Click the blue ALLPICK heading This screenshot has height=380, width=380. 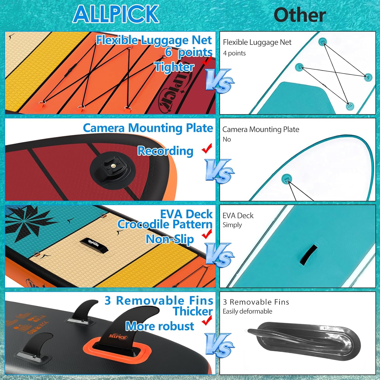click(x=116, y=14)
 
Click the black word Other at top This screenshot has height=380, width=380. click(x=300, y=15)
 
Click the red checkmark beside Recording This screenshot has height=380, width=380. click(x=207, y=149)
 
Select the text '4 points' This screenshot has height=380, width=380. click(x=234, y=53)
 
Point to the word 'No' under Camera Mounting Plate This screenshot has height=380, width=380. click(x=227, y=139)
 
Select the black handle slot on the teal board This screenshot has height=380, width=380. click(x=308, y=255)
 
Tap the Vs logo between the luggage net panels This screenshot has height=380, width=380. click(x=219, y=81)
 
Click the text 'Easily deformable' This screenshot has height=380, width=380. click(x=248, y=311)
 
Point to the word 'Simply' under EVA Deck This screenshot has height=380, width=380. click(x=232, y=225)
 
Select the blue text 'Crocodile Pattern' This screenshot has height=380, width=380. click(x=165, y=224)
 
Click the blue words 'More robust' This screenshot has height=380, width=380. click(x=160, y=326)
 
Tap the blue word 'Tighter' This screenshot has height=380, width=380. click(x=174, y=67)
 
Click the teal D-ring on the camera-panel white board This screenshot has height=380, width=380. click(x=287, y=179)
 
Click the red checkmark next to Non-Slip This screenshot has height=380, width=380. click(x=207, y=234)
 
